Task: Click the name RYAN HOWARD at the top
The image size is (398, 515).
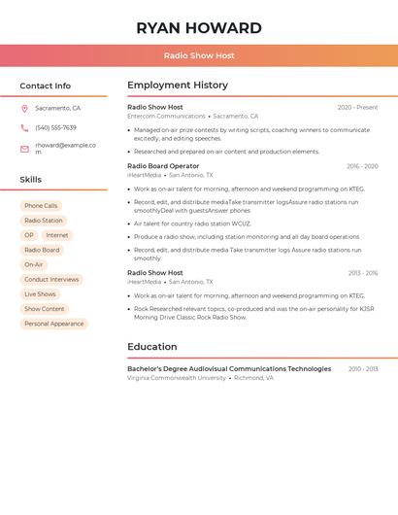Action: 199,28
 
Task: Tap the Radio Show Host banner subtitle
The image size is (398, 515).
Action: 199,55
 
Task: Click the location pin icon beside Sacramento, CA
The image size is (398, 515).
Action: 24,109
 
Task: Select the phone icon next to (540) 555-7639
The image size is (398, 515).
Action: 24,128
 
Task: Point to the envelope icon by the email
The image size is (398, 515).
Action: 24,149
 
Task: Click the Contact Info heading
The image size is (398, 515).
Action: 45,86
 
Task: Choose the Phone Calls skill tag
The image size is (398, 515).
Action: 41,206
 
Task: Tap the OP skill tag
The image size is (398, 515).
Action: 29,235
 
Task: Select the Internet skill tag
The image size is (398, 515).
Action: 57,235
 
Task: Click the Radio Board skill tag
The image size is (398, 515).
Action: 42,250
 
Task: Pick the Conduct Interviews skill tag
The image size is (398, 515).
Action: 51,279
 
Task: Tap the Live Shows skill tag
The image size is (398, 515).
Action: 40,293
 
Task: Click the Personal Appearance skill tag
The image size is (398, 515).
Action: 54,324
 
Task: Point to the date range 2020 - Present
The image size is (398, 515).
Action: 357,107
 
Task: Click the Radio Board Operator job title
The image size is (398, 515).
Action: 163,166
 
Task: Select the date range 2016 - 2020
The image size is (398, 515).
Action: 362,166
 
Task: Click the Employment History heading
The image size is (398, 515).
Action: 178,86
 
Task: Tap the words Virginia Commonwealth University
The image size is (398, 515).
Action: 177,378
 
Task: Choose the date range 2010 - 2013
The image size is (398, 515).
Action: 363,369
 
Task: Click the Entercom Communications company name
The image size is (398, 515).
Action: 166,117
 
